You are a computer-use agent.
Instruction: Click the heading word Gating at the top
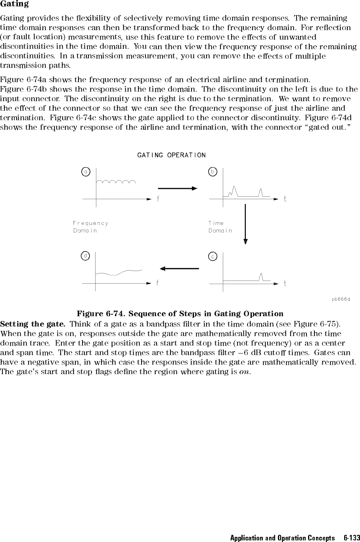click(x=14, y=4)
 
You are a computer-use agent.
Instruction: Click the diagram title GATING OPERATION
click(x=171, y=155)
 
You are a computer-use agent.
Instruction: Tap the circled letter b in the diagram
click(x=213, y=172)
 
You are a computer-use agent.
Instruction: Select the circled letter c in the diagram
click(x=213, y=257)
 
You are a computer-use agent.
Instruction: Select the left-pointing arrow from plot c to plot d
click(x=180, y=269)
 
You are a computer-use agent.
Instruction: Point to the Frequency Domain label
click(x=90, y=227)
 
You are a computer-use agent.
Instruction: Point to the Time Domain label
click(x=220, y=227)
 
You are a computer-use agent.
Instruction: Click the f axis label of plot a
click(x=158, y=199)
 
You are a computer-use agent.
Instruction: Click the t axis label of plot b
click(x=285, y=199)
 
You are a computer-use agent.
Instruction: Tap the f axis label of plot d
click(x=158, y=283)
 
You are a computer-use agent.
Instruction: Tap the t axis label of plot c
click(x=285, y=283)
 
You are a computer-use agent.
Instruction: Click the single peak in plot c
click(x=261, y=276)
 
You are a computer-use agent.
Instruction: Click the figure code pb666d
click(x=341, y=299)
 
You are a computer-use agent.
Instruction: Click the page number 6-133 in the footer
click(x=351, y=538)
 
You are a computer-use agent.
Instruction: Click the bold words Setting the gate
click(x=33, y=324)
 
